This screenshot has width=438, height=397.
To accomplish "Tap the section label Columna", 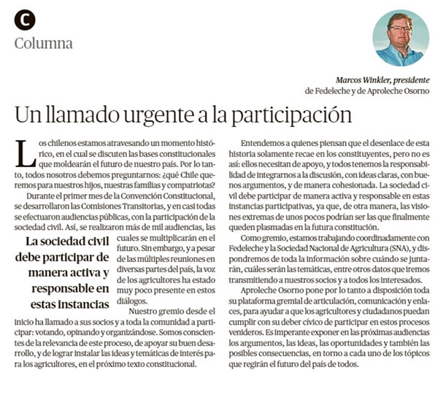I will pyautogui.click(x=44, y=43).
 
